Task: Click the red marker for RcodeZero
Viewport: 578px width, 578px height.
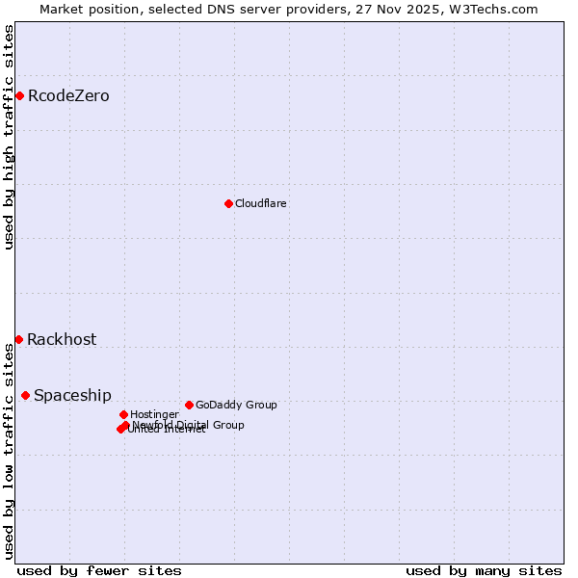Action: (19, 95)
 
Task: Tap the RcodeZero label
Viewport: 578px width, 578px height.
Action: (68, 96)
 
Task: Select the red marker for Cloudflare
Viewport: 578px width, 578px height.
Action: (228, 203)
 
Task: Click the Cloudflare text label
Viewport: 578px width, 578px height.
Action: (260, 204)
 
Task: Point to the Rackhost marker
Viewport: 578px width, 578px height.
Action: (18, 339)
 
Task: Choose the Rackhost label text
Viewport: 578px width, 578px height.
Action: (62, 340)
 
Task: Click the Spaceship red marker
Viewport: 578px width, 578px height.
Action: (25, 395)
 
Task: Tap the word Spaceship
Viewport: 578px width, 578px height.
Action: (72, 396)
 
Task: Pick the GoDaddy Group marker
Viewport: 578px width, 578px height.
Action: (189, 405)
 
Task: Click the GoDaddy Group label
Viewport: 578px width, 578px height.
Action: (236, 406)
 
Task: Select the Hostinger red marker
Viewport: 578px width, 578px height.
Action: (123, 414)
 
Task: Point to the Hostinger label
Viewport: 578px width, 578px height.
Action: (154, 415)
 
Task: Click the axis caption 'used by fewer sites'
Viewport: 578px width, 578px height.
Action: (99, 570)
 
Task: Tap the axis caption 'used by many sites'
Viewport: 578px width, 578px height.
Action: (484, 570)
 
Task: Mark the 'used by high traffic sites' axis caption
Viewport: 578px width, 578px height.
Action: (10, 137)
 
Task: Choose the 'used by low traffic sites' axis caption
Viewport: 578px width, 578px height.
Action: (10, 451)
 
